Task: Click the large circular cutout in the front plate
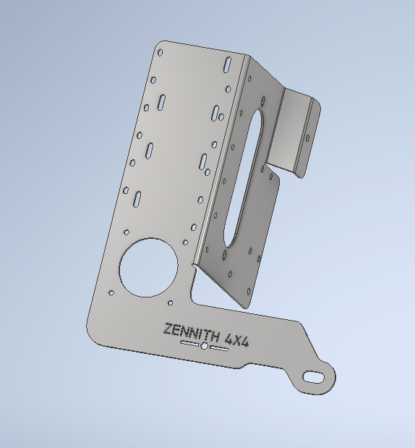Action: click(148, 266)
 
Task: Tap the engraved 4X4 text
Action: click(239, 338)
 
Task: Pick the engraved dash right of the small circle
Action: click(218, 349)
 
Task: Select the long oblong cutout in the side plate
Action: click(244, 177)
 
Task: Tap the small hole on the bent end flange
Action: click(307, 137)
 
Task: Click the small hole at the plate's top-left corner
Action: click(161, 52)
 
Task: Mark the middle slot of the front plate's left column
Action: click(150, 150)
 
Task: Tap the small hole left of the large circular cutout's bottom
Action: click(111, 292)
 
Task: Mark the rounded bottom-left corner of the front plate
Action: click(93, 329)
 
